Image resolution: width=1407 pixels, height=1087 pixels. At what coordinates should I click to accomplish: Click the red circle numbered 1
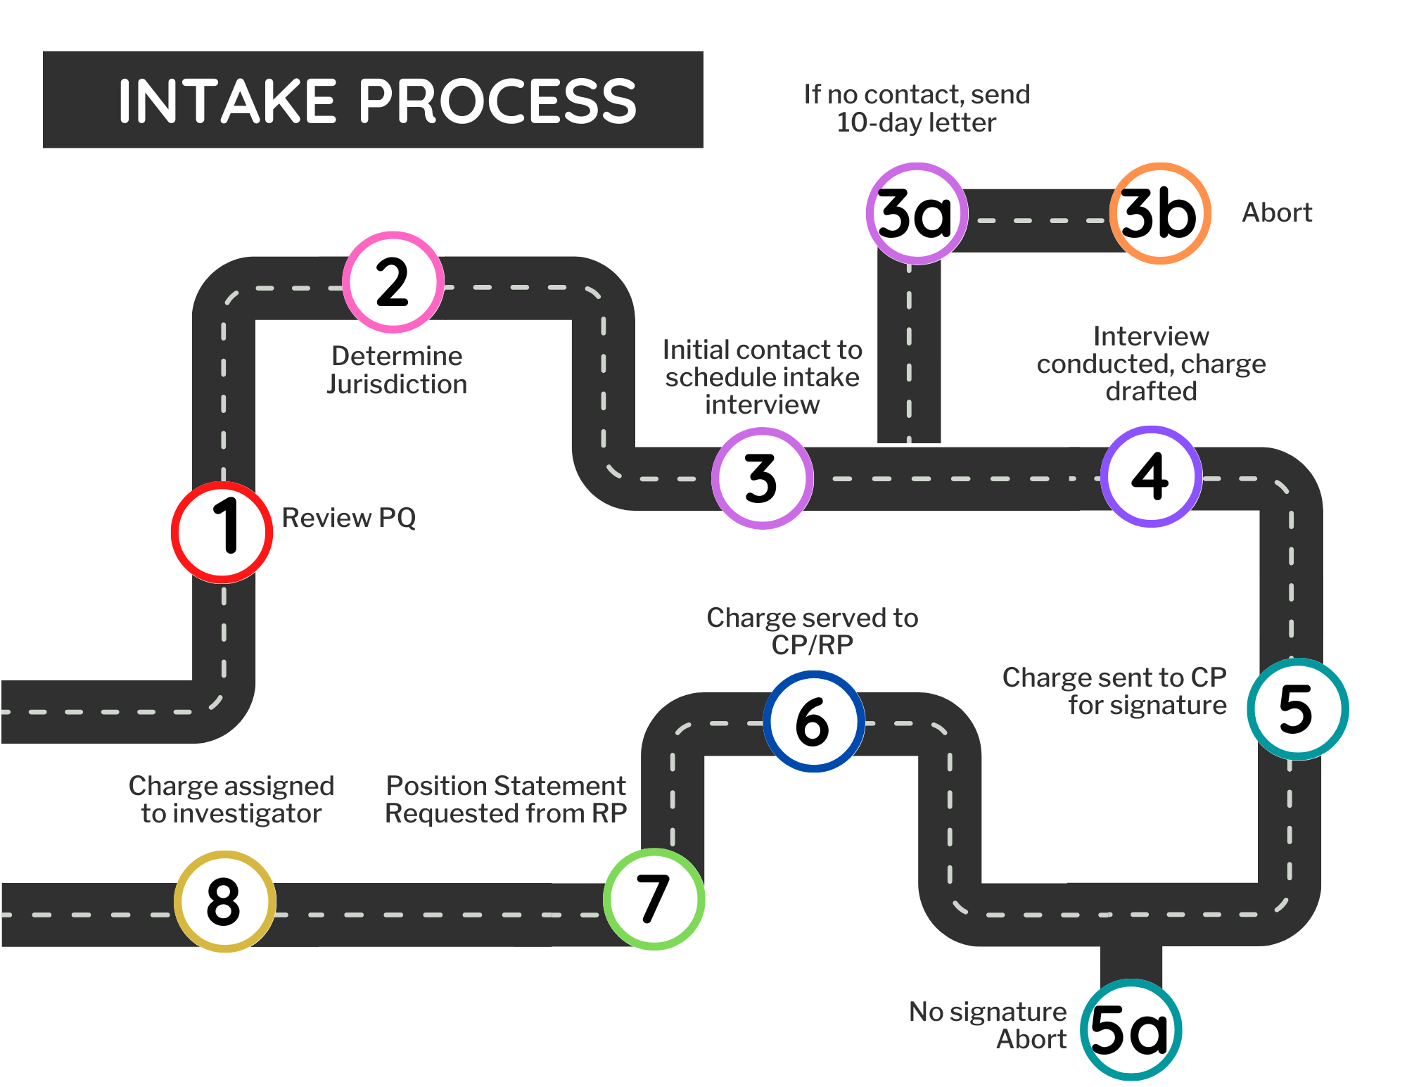pyautogui.click(x=222, y=533)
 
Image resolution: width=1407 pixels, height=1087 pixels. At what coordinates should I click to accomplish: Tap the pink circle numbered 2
pyautogui.click(x=393, y=282)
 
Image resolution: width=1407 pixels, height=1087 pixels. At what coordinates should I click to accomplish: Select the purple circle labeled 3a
pyautogui.click(x=917, y=214)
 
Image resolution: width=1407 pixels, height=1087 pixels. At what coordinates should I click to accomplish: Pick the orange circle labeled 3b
pyautogui.click(x=1160, y=214)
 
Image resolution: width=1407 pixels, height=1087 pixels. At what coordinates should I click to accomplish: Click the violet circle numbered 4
pyautogui.click(x=1152, y=476)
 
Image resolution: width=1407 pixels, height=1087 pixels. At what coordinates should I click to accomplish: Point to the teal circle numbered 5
pyautogui.click(x=1298, y=709)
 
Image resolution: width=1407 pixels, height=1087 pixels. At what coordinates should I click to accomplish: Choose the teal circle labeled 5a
pyautogui.click(x=1131, y=1030)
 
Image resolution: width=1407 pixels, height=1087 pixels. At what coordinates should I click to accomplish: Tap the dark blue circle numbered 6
pyautogui.click(x=814, y=722)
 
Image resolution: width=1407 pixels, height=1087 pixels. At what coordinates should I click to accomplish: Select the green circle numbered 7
pyautogui.click(x=654, y=899)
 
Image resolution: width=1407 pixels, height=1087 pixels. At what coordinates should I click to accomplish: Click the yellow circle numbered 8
pyautogui.click(x=225, y=901)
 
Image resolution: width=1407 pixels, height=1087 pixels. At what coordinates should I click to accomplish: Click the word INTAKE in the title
pyautogui.click(x=227, y=101)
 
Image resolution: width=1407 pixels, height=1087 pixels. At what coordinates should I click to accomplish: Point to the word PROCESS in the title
pyautogui.click(x=498, y=101)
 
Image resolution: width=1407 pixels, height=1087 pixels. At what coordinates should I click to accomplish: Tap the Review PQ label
pyautogui.click(x=349, y=518)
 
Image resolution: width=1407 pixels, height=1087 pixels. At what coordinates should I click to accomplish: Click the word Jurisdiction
pyautogui.click(x=397, y=384)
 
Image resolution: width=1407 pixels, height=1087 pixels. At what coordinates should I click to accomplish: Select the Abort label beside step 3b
pyautogui.click(x=1277, y=212)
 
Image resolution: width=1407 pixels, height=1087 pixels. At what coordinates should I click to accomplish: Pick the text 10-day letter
pyautogui.click(x=916, y=122)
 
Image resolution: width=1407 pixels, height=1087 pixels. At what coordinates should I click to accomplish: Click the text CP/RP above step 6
pyautogui.click(x=812, y=644)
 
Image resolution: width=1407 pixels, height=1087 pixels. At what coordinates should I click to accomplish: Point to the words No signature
pyautogui.click(x=988, y=1011)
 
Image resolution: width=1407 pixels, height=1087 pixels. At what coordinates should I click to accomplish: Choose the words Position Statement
pyautogui.click(x=506, y=785)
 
